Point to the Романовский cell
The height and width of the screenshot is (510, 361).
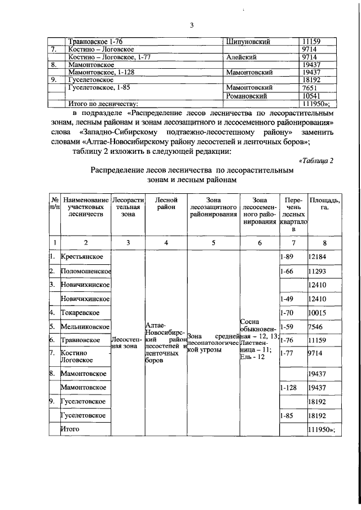pyautogui.click(x=246, y=96)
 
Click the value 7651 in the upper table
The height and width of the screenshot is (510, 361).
pyautogui.click(x=311, y=88)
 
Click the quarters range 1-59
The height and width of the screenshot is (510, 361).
pyautogui.click(x=287, y=326)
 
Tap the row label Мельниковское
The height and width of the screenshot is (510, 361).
pyautogui.click(x=85, y=326)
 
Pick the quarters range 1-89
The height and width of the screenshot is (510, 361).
pyautogui.click(x=287, y=257)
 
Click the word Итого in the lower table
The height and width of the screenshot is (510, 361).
pyautogui.click(x=71, y=429)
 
